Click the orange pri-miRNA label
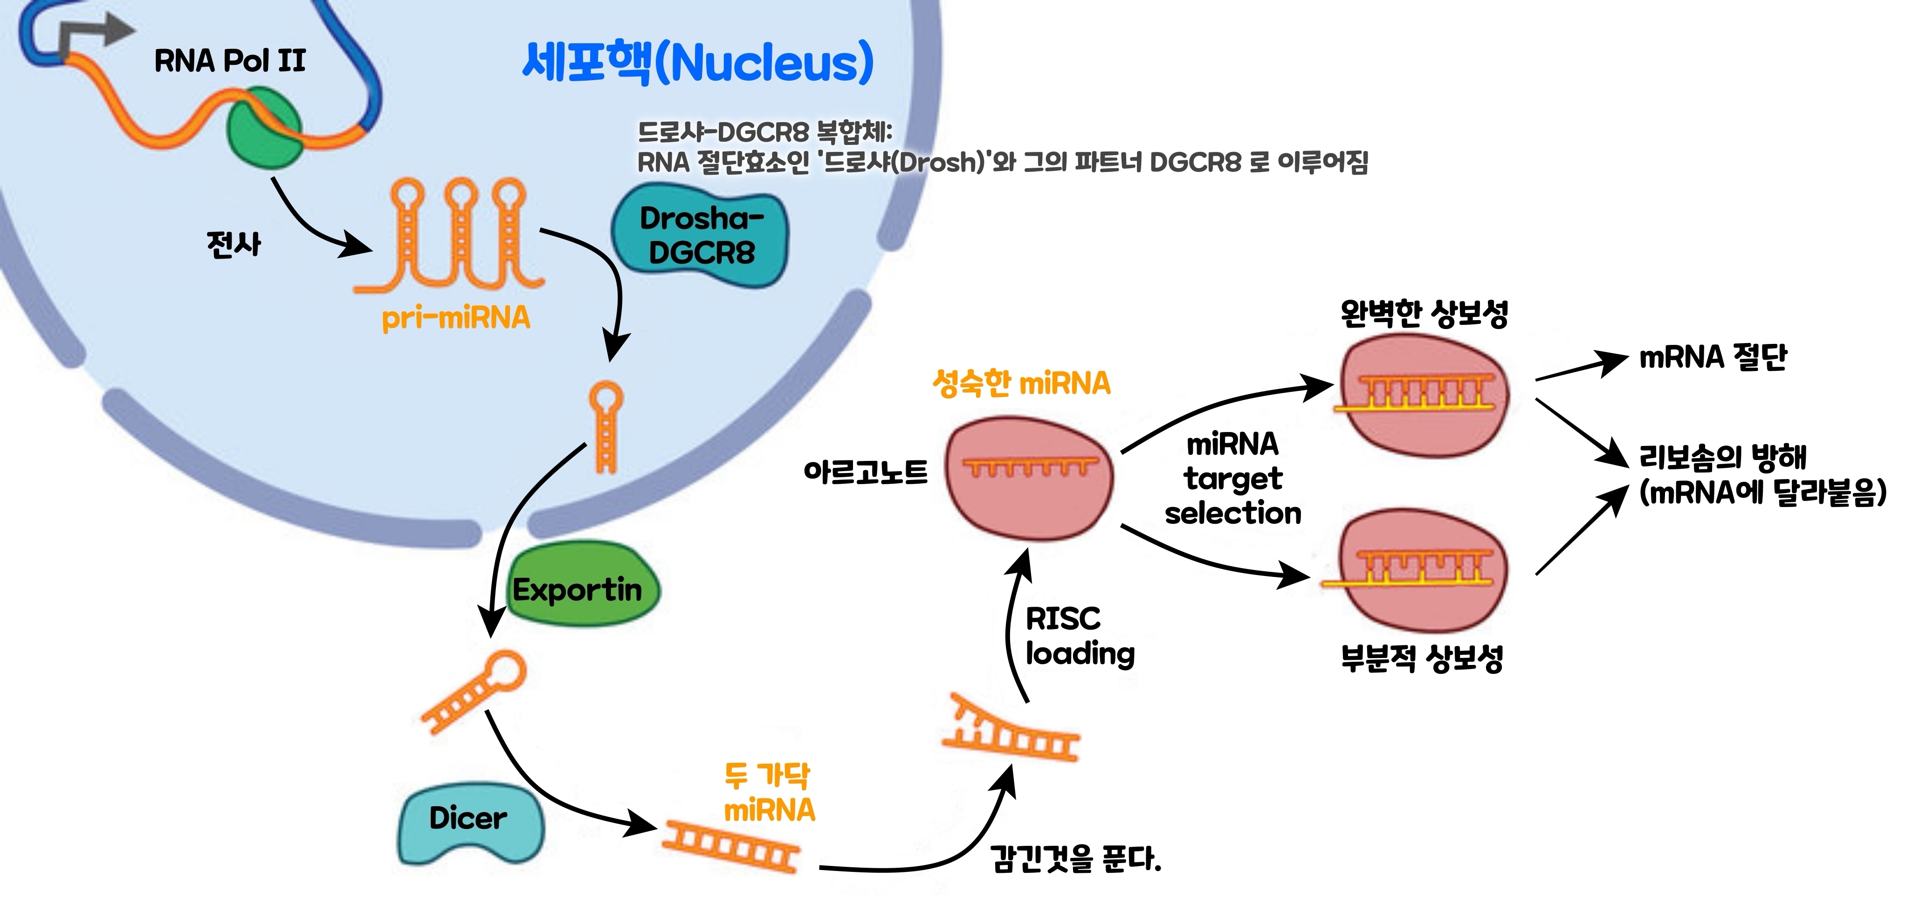click(456, 318)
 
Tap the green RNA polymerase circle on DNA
click(264, 127)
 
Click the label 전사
click(234, 244)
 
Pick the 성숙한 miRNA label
click(1021, 384)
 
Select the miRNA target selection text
click(1233, 479)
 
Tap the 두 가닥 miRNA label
click(769, 793)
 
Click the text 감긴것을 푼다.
click(1075, 859)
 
